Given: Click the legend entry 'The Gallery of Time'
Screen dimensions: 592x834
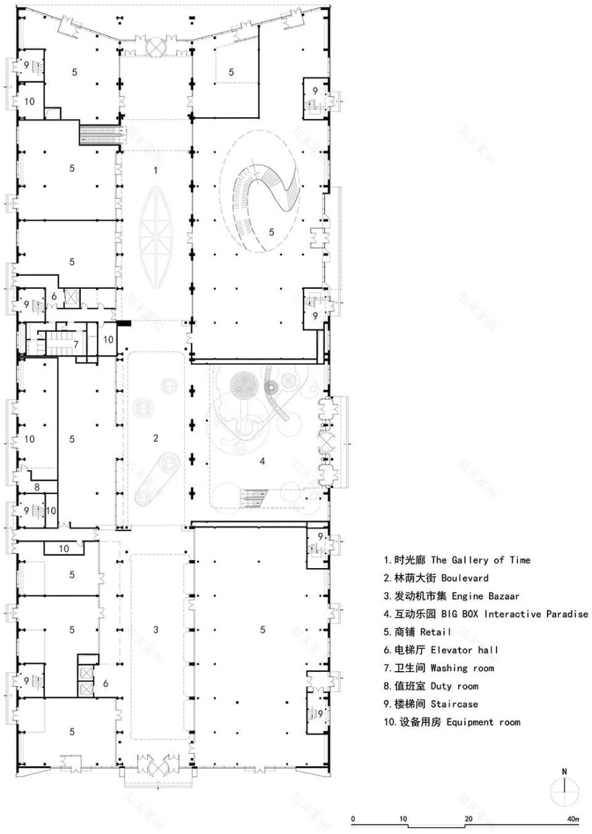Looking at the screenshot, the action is tap(457, 560).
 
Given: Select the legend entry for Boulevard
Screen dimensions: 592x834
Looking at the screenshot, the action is tap(436, 578).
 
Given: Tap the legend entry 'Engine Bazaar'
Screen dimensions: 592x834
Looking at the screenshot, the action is tap(451, 596).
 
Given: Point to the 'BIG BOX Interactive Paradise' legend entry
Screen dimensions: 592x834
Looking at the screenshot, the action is tap(486, 614).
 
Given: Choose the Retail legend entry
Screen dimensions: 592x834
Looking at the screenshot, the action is tap(417, 632).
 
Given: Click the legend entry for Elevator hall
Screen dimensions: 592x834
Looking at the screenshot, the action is tap(441, 650).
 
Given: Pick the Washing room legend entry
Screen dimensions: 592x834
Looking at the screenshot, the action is tap(439, 668).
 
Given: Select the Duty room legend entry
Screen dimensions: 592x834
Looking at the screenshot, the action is tap(431, 686).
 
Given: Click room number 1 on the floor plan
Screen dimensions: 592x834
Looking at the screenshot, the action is tap(155, 170).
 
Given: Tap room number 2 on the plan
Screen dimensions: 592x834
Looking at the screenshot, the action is tap(155, 438).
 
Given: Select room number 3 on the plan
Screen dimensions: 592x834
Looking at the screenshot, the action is tap(155, 629).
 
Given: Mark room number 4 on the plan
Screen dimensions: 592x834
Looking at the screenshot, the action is tap(262, 461).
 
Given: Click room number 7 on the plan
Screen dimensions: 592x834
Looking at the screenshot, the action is tap(76, 345).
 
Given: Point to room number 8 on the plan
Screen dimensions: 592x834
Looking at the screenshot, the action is tap(37, 487).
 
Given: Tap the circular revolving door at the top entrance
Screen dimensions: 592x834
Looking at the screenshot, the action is tap(155, 46).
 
